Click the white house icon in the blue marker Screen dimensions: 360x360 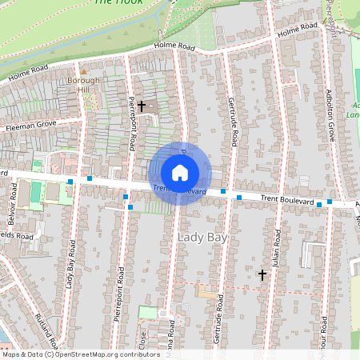(180, 172)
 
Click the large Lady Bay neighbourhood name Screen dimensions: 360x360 (202, 238)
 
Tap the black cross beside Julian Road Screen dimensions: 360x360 (262, 274)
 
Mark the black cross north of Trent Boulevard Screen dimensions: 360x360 (142, 106)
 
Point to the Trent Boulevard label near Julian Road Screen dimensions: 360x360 (282, 198)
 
